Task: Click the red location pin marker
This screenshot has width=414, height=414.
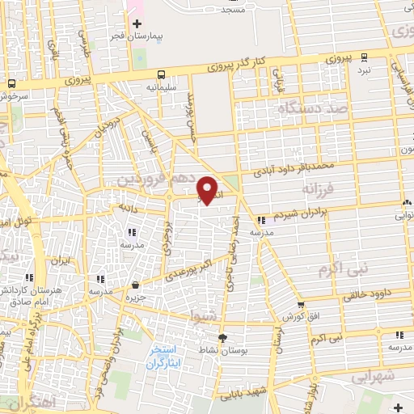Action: (208, 190)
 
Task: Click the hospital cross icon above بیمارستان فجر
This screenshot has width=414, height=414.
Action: (146, 23)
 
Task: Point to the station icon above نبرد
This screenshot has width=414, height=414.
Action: (365, 57)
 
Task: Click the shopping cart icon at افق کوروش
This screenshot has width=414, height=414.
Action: (301, 305)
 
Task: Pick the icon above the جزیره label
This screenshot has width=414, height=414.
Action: (135, 285)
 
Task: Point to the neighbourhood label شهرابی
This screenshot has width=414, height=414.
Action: (371, 377)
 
